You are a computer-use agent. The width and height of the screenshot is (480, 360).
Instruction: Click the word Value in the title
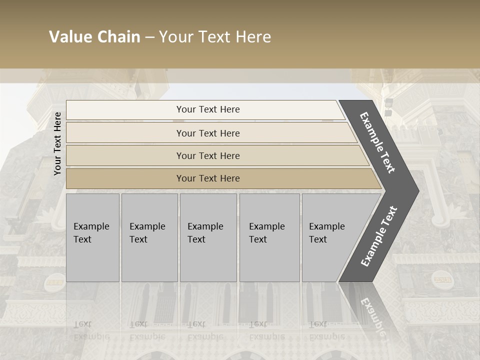point(69,37)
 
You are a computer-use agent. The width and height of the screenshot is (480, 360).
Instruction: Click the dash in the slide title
point(149,37)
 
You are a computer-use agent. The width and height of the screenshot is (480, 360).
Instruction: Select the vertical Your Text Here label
point(57,143)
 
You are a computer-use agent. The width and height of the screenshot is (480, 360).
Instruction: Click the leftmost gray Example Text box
point(92,237)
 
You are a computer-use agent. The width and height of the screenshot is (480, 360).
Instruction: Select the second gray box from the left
point(149,237)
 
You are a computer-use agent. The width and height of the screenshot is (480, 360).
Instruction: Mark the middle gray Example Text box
point(208,237)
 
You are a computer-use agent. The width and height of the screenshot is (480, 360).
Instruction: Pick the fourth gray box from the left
point(269,237)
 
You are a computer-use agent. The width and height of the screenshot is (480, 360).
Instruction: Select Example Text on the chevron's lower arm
point(379,236)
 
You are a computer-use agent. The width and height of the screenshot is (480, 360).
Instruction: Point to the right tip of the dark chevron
point(418,190)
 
